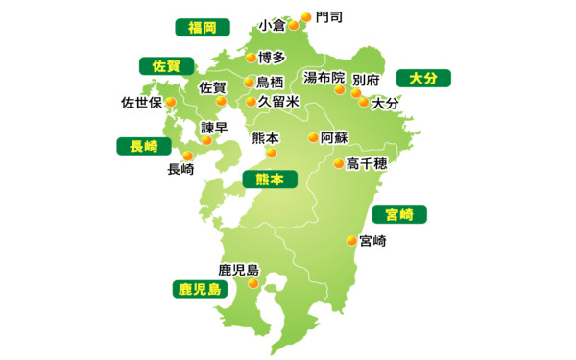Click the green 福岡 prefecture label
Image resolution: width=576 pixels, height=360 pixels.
(202, 27)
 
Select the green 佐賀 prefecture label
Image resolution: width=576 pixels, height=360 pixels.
(166, 66)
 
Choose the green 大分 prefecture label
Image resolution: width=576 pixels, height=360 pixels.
(422, 78)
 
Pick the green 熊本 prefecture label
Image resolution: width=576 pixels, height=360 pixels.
(270, 179)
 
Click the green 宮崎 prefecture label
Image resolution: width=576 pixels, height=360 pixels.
(398, 213)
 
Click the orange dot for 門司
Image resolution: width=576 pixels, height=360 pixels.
(306, 16)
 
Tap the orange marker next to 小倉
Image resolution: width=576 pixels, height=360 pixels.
(293, 26)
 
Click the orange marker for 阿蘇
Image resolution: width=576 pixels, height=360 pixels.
(313, 138)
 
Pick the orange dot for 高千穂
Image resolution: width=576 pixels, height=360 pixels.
(338, 163)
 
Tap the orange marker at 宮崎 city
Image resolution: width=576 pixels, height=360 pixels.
(350, 241)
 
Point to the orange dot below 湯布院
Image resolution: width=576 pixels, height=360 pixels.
(340, 89)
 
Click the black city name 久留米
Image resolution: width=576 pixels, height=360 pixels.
(278, 101)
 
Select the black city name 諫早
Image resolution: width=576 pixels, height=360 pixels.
(214, 127)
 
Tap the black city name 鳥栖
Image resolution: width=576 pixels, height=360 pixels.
(270, 82)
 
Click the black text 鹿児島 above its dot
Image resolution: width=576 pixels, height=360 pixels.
(239, 270)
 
